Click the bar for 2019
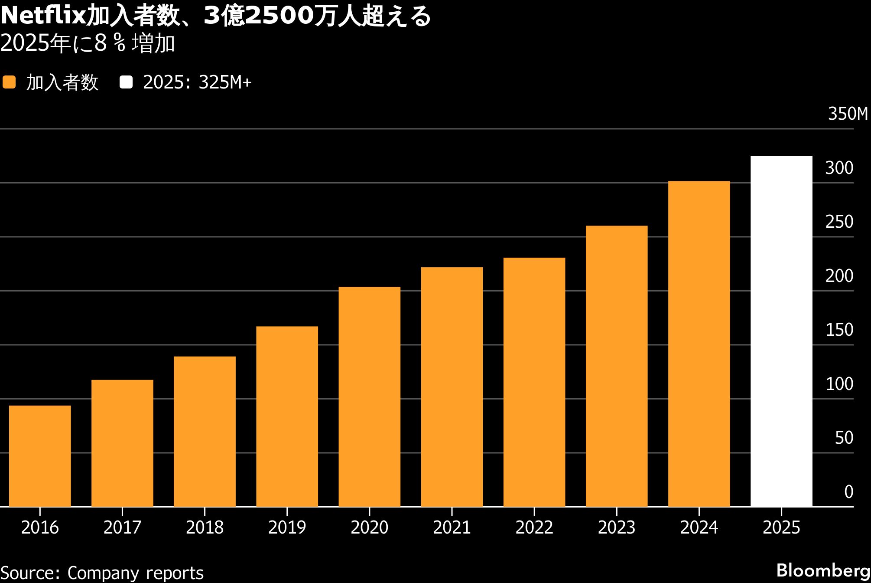click(287, 416)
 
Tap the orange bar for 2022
click(534, 382)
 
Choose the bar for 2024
click(699, 344)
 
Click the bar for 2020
click(369, 396)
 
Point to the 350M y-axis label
click(848, 114)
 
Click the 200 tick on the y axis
click(839, 276)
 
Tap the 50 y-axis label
click(844, 438)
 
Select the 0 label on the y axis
click(848, 492)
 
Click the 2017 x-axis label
click(122, 527)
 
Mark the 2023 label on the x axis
click(616, 527)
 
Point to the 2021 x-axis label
click(452, 527)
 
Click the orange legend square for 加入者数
click(9, 82)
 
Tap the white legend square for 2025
click(126, 82)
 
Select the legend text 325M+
click(225, 82)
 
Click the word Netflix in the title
click(43, 16)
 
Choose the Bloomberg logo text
click(823, 570)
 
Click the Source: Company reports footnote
click(102, 573)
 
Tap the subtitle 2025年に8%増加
click(88, 43)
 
